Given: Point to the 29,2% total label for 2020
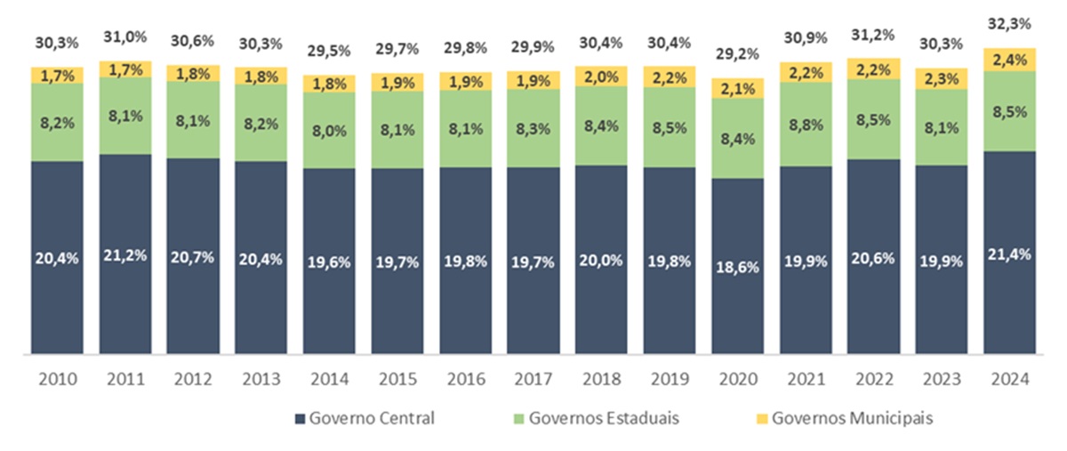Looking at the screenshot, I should tap(737, 53).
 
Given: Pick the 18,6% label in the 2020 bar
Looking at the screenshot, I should tap(737, 266).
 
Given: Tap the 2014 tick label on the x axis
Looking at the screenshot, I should tap(329, 379).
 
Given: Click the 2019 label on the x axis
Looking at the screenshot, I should tap(669, 379).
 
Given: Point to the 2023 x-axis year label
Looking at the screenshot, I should tap(941, 379).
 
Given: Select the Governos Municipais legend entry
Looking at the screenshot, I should tap(846, 418).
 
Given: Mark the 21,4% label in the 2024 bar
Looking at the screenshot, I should tap(1010, 255).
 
